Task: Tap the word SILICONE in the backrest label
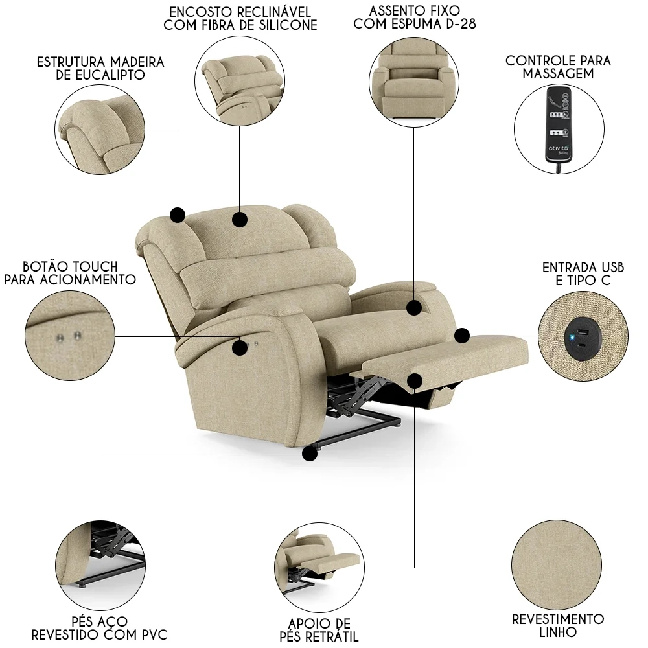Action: tap(286, 25)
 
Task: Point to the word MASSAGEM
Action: tap(558, 74)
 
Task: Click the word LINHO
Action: tap(558, 632)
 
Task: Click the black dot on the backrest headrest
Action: tap(240, 220)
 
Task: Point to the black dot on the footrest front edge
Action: tap(415, 380)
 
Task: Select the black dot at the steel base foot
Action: tap(310, 453)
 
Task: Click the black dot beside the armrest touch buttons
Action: tap(240, 347)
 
